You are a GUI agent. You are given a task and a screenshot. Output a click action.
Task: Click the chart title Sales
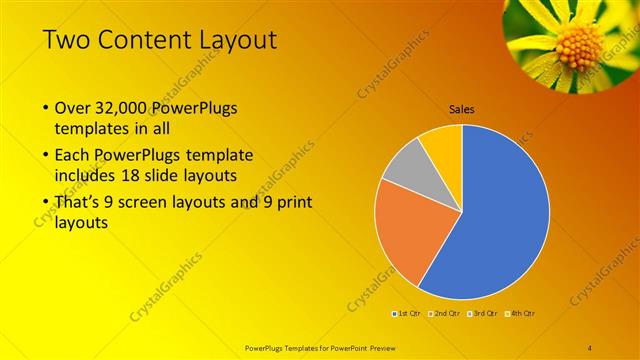tap(461, 109)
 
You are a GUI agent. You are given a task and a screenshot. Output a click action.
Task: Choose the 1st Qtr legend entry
tap(407, 313)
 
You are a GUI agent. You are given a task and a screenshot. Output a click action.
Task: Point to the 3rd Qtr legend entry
tap(484, 313)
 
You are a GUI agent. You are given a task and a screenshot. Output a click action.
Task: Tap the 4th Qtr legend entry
tap(522, 313)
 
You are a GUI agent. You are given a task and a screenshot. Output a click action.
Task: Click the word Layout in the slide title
tap(235, 40)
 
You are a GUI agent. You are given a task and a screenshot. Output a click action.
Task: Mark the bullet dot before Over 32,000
tap(45, 108)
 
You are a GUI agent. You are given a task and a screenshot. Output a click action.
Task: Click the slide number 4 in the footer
tap(590, 347)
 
